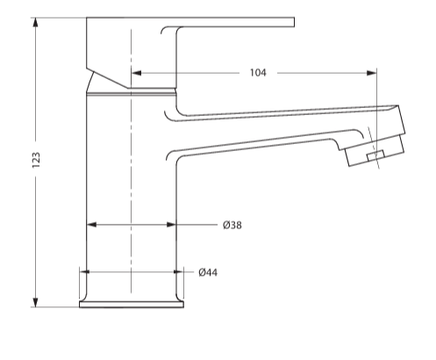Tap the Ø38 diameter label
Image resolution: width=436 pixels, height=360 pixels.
coord(232,226)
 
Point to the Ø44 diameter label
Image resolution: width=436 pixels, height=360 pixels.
coord(208,272)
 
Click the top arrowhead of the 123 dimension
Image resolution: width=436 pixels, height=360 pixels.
coord(36,22)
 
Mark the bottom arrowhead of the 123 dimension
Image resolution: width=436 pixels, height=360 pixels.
coord(36,302)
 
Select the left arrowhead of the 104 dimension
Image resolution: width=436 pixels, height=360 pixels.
coord(136,73)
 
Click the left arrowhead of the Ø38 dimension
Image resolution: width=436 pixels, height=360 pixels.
coord(91,226)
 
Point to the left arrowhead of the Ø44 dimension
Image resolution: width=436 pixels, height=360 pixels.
coord(86,272)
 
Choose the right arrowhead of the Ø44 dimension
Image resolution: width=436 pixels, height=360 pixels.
coord(179,272)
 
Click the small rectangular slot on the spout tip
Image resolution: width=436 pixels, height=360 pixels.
coord(377,155)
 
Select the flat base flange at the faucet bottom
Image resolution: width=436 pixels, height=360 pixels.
coord(132,305)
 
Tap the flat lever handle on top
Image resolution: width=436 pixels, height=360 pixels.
coord(237,22)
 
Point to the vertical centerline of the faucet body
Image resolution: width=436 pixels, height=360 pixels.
coord(131,176)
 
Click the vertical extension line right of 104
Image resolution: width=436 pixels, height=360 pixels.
coord(377,88)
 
